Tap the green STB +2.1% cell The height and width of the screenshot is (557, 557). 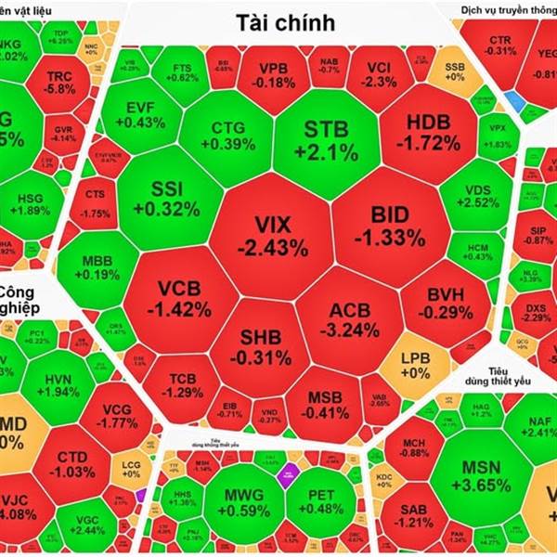click(x=325, y=139)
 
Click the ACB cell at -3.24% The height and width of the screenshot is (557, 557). click(x=349, y=317)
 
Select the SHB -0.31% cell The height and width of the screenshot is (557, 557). click(x=260, y=345)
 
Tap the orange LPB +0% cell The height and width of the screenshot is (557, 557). click(x=414, y=364)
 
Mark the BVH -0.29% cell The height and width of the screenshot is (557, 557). click(x=445, y=304)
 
